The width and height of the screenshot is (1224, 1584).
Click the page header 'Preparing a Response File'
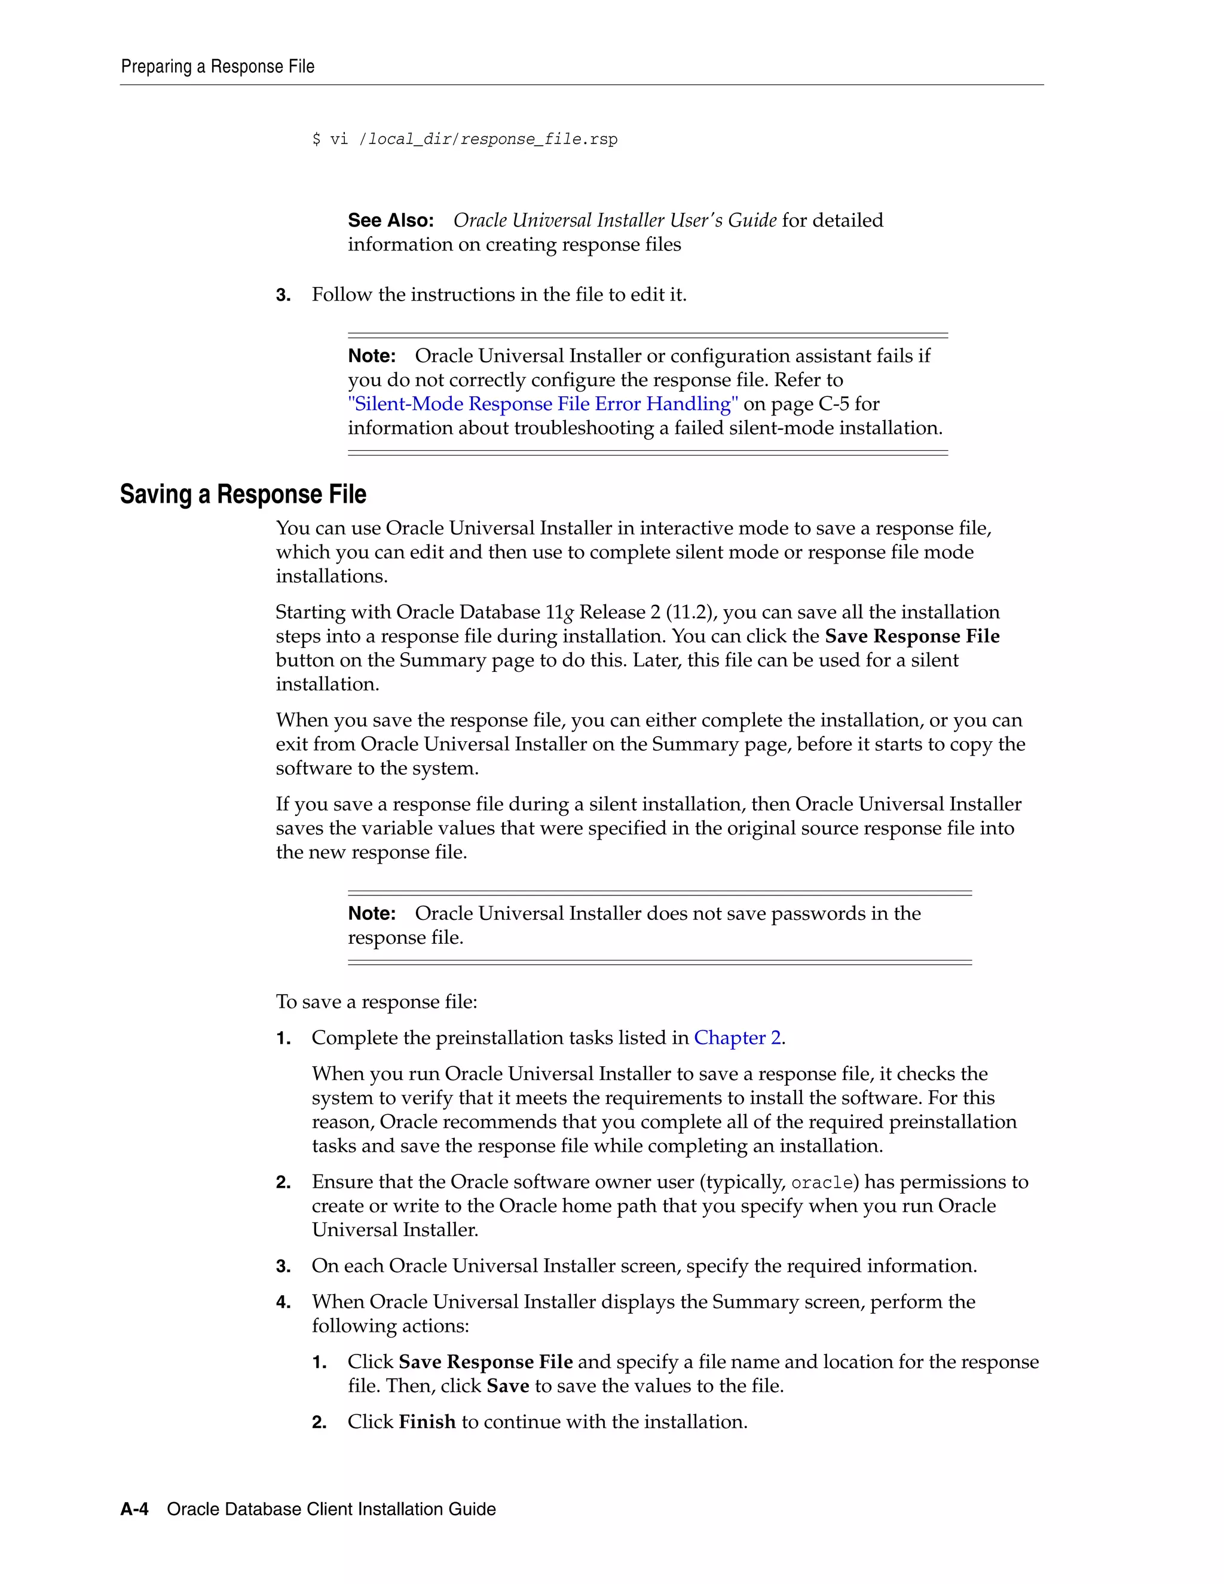[x=218, y=67]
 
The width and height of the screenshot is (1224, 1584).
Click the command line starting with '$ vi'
[x=464, y=139]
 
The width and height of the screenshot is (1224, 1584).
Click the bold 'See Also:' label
[x=391, y=221]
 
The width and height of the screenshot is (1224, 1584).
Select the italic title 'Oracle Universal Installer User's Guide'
[x=615, y=221]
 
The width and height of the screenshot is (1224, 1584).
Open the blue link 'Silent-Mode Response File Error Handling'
[x=543, y=404]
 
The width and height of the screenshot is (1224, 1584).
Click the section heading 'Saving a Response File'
[x=243, y=495]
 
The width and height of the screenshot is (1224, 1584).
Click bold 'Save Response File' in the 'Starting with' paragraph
[x=912, y=636]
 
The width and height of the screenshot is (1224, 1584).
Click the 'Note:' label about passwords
[x=372, y=914]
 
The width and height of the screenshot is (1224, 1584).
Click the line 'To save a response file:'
[x=377, y=1002]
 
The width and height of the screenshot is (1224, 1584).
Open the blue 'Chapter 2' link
[x=738, y=1038]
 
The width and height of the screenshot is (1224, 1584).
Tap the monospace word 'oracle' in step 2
[x=822, y=1183]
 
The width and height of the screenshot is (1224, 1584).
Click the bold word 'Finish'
[x=427, y=1421]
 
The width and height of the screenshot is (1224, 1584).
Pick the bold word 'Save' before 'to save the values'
[x=507, y=1386]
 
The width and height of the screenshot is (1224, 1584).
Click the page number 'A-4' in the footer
[x=134, y=1509]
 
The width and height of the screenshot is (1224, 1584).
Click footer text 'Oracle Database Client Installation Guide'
[x=331, y=1509]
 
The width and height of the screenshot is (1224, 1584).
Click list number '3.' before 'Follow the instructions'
[x=283, y=295]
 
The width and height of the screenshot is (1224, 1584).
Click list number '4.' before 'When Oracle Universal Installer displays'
[x=283, y=1302]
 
